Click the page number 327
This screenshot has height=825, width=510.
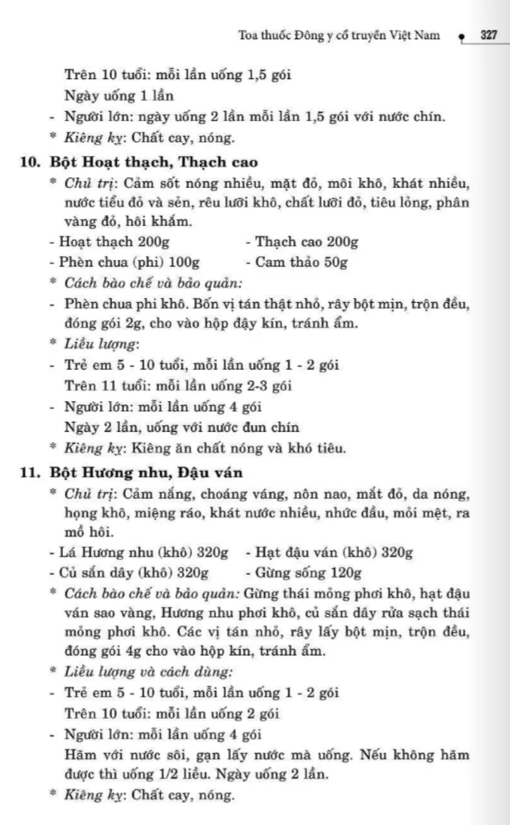pos(489,35)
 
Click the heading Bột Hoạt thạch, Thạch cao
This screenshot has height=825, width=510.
pos(154,162)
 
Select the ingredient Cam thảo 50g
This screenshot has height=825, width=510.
pos(301,262)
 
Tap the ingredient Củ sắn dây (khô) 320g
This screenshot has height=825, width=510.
pos(133,572)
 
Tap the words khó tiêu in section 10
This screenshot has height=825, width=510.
pos(318,448)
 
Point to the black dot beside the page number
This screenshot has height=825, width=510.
pos(462,36)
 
